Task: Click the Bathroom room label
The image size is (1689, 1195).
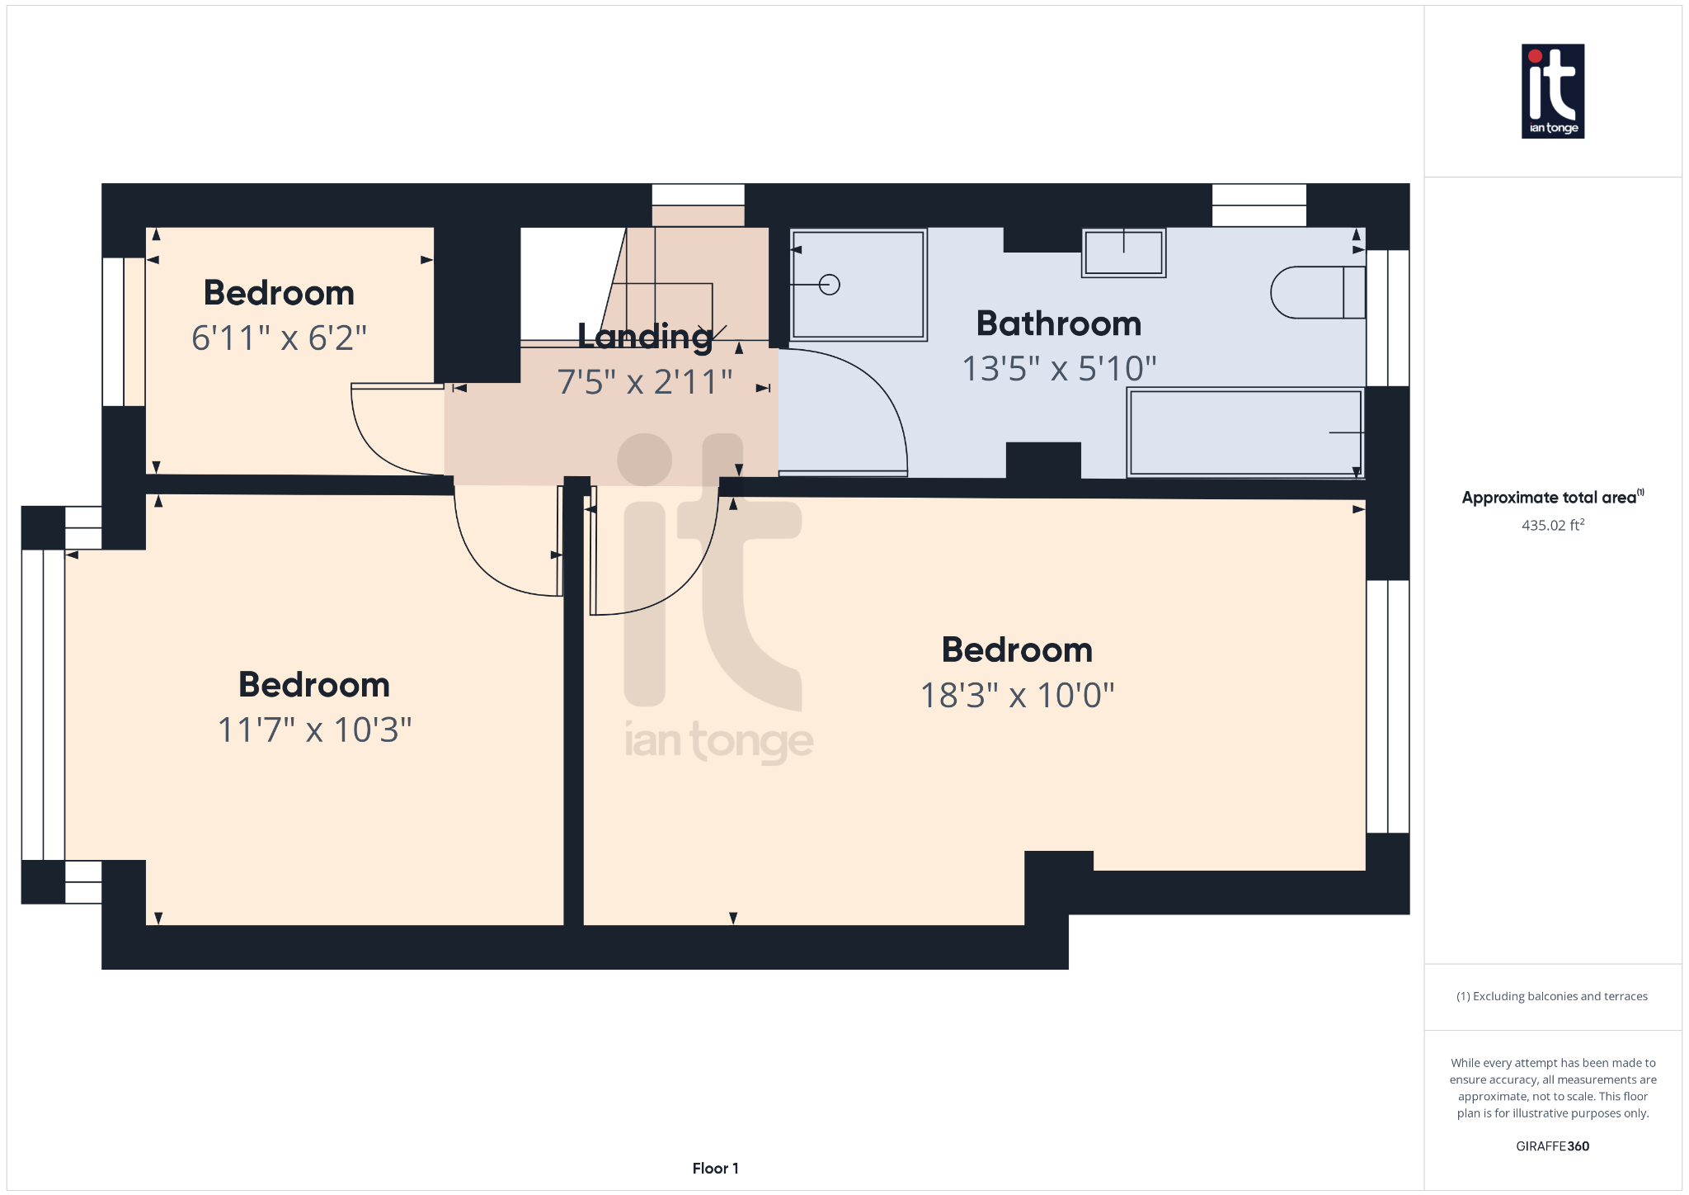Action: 1058,324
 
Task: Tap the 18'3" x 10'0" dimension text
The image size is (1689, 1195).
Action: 1017,695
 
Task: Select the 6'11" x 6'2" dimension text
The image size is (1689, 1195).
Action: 279,338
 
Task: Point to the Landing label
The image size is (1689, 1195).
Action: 645,336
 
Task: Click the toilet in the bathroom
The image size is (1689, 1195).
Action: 1317,292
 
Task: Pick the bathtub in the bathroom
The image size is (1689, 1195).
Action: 1244,432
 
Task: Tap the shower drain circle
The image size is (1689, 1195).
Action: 830,285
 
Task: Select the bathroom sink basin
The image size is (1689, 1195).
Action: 1123,253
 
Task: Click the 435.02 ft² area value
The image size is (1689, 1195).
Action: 1552,525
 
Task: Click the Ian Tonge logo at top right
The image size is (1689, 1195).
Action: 1552,91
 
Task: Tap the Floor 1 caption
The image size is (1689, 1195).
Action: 715,1168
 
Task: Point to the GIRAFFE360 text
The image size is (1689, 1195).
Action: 1552,1145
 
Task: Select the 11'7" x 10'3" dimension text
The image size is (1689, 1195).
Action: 314,730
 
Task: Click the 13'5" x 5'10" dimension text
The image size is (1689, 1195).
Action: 1059,369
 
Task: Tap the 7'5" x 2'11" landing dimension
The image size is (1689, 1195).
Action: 645,382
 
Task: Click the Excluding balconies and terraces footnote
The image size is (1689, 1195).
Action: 1552,996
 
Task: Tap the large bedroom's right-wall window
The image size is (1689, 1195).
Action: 1387,706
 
